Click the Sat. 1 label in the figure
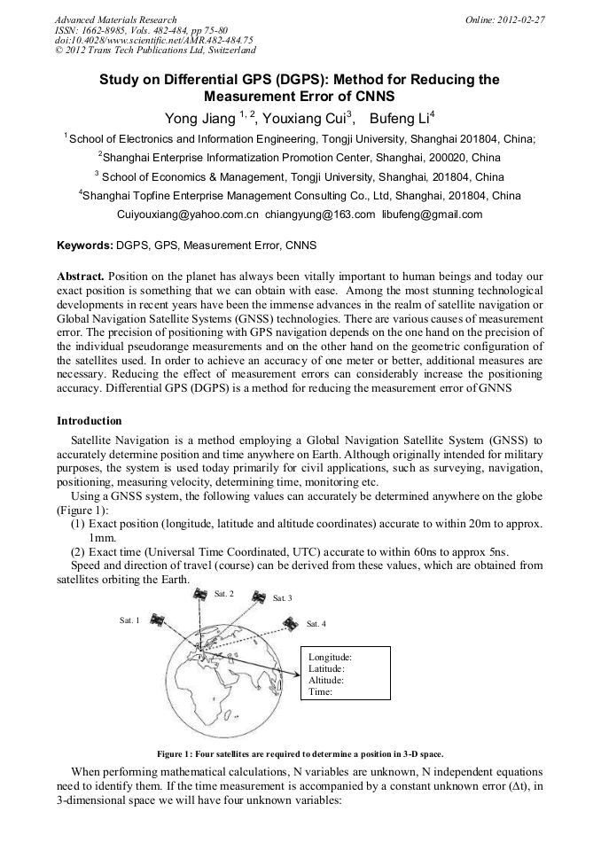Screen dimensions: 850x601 pyautogui.click(x=129, y=620)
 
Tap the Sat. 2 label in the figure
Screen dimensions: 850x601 pyautogui.click(x=224, y=593)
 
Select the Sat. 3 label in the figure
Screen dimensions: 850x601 pyautogui.click(x=283, y=599)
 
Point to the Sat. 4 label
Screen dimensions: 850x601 pyautogui.click(x=316, y=624)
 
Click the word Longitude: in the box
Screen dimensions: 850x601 pyautogui.click(x=330, y=657)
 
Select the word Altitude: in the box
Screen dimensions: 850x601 pyautogui.click(x=325, y=680)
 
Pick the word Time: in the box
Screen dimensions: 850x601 pyautogui.click(x=320, y=691)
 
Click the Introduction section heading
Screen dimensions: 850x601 pyautogui.click(x=89, y=420)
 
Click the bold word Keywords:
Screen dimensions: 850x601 pyautogui.click(x=85, y=244)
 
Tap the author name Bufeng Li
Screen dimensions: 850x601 pyautogui.click(x=401, y=118)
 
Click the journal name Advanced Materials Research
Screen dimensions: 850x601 pyautogui.click(x=115, y=19)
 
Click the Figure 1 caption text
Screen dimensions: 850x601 pyautogui.click(x=300, y=753)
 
